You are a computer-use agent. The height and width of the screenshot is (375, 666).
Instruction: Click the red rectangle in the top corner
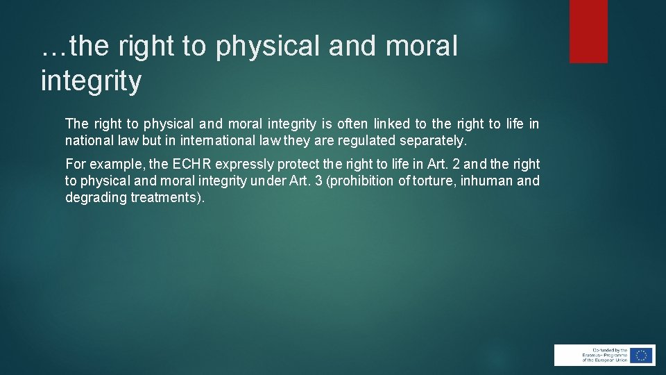pyautogui.click(x=588, y=31)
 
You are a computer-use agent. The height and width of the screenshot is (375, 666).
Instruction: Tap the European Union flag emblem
pyautogui.click(x=641, y=355)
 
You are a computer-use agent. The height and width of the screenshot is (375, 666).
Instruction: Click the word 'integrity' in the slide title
pyautogui.click(x=91, y=81)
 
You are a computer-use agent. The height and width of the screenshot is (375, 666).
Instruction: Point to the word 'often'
pyautogui.click(x=354, y=124)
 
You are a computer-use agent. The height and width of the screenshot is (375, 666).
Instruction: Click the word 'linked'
pyautogui.click(x=391, y=124)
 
